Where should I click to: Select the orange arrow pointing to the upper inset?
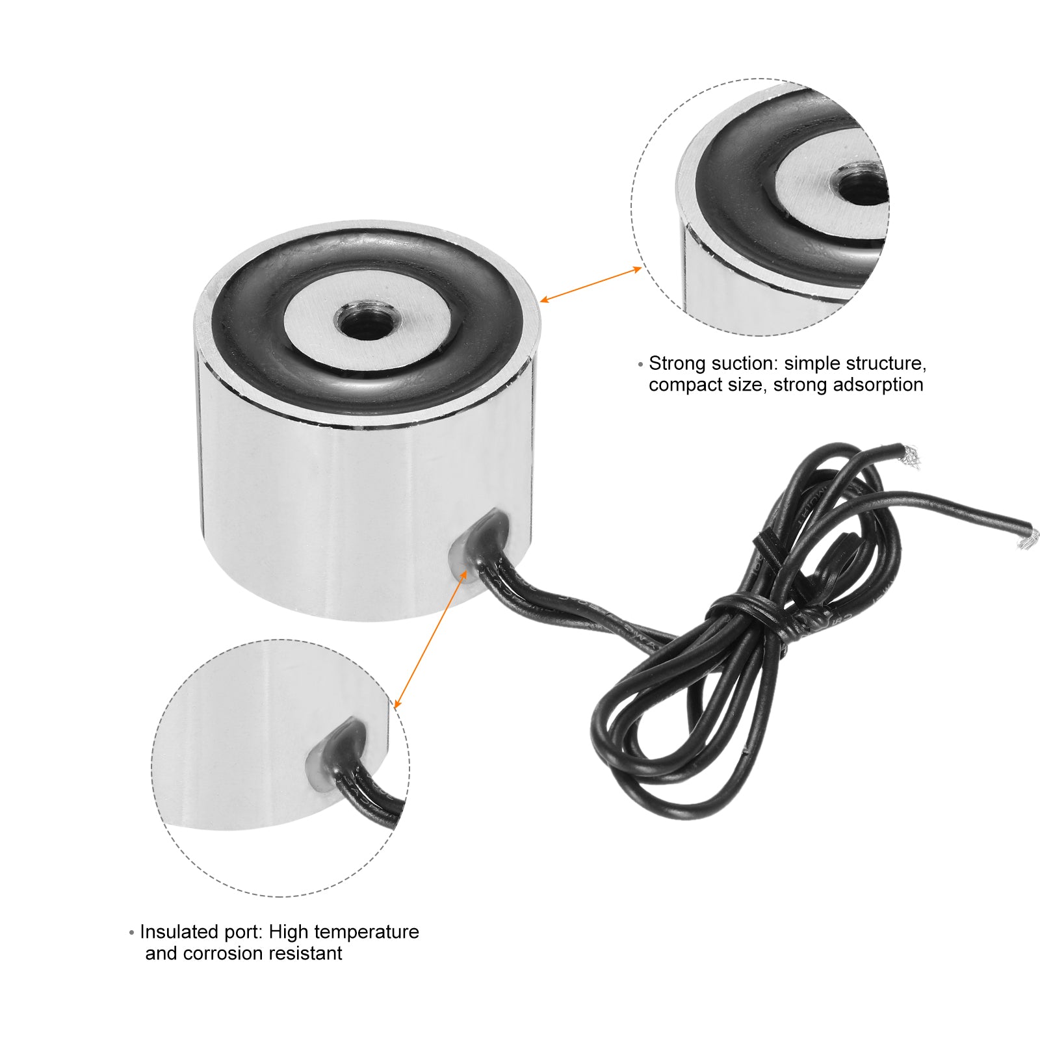591,285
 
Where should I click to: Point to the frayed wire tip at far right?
1026,539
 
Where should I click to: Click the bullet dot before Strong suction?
641,365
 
